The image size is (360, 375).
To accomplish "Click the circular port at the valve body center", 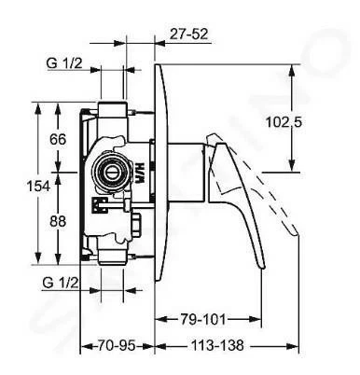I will click(x=111, y=172).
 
